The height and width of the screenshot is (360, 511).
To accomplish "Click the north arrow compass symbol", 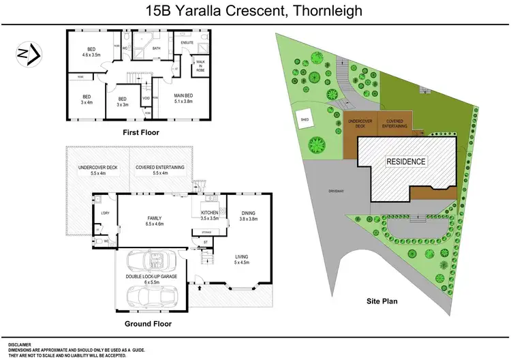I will [x=28, y=52].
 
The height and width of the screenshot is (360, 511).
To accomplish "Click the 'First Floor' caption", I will [x=140, y=132].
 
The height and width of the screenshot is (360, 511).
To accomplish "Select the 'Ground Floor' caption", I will [x=147, y=324].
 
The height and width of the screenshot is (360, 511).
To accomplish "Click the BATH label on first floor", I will [x=156, y=48].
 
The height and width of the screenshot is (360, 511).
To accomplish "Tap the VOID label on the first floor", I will [x=146, y=97].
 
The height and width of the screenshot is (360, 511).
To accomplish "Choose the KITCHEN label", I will [x=209, y=215].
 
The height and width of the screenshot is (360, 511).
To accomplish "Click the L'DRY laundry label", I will [x=105, y=214].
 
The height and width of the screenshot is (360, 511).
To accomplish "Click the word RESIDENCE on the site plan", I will [x=406, y=162].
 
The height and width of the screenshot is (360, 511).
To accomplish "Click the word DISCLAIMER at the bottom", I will [x=20, y=345].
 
